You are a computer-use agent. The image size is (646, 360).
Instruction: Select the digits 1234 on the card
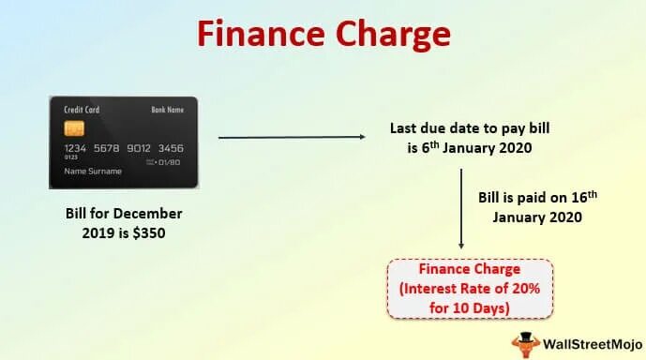(76, 148)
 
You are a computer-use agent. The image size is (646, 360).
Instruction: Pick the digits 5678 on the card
(107, 148)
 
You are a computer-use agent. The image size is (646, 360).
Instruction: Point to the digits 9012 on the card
(139, 148)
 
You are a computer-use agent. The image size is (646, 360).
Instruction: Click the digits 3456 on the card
(170, 148)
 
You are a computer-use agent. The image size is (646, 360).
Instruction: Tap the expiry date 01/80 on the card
(169, 162)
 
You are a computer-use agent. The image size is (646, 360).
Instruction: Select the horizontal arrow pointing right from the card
(292, 138)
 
